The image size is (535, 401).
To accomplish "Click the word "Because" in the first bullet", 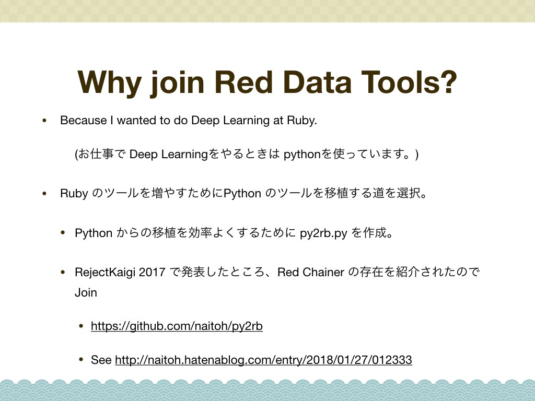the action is click(x=83, y=121).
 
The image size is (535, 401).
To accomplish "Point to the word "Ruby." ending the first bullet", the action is click(x=302, y=121).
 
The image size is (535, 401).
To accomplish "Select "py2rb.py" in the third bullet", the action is click(x=323, y=233).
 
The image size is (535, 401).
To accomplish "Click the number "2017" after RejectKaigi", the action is click(x=152, y=273).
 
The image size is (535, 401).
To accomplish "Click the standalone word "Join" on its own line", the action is click(x=86, y=292).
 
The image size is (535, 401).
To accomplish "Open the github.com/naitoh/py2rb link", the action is click(x=177, y=326).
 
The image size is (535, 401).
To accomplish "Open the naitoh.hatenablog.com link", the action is click(x=263, y=360).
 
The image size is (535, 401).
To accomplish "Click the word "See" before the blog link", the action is click(x=101, y=360).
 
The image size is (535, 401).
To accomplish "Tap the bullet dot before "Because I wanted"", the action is click(x=44, y=121).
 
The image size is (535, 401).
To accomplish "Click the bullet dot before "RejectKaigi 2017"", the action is click(x=63, y=273).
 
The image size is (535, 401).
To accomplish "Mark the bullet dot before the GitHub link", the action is click(x=81, y=326).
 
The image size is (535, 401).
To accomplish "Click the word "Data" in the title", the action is click(x=317, y=82).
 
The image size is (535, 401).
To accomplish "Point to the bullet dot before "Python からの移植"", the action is click(x=63, y=233).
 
